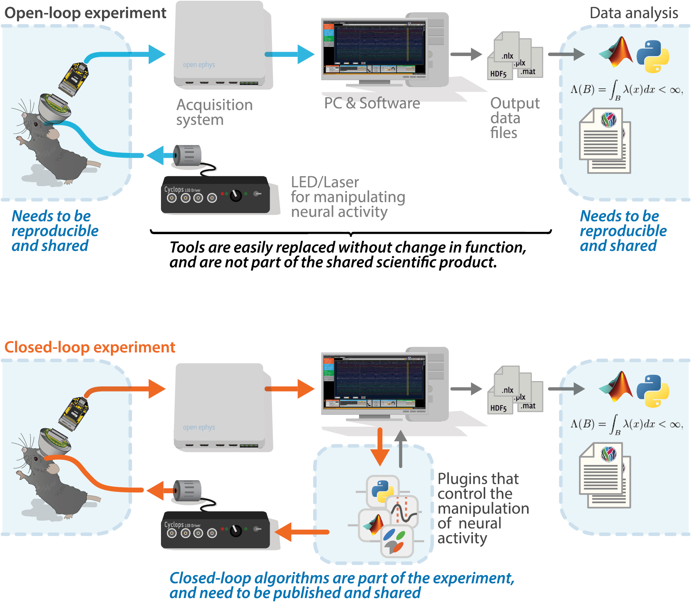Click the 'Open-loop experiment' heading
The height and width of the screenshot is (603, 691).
pyautogui.click(x=85, y=13)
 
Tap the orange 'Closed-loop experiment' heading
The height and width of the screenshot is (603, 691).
pyautogui.click(x=89, y=347)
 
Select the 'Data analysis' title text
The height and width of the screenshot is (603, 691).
pyautogui.click(x=634, y=13)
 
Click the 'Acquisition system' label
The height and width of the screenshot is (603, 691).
pyautogui.click(x=214, y=112)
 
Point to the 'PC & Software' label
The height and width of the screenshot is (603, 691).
pyautogui.click(x=372, y=103)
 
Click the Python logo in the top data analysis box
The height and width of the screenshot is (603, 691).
pyautogui.click(x=653, y=56)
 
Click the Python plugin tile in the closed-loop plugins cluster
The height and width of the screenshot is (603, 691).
pyautogui.click(x=382, y=491)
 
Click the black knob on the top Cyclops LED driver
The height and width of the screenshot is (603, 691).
pyautogui.click(x=236, y=195)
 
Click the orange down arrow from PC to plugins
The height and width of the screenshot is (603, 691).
pyautogui.click(x=380, y=447)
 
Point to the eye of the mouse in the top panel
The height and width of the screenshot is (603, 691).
pyautogui.click(x=36, y=123)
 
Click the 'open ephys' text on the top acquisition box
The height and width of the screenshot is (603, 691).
pyautogui.click(x=199, y=65)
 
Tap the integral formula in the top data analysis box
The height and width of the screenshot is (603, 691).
pyautogui.click(x=626, y=90)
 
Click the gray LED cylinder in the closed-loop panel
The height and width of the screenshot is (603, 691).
pyautogui.click(x=188, y=491)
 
